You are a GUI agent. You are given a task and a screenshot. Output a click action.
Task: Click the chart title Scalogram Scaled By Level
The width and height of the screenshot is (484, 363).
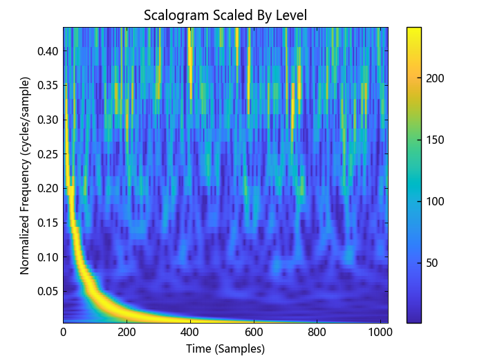[225, 15]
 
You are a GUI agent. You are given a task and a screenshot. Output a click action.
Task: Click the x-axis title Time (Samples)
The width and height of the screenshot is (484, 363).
[225, 349]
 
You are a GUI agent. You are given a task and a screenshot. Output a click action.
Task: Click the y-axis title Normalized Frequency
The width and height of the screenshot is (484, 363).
[25, 175]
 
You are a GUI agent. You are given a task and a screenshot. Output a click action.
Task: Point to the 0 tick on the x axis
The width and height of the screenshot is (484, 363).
[64, 333]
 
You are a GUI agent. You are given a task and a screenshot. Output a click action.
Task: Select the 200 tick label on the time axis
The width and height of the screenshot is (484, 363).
[127, 333]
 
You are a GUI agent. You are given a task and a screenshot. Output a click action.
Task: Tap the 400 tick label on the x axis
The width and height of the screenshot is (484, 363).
[190, 333]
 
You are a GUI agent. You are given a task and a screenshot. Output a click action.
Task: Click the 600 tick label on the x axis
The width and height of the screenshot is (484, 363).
[254, 333]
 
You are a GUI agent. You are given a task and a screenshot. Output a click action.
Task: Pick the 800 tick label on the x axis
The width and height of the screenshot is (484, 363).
[317, 333]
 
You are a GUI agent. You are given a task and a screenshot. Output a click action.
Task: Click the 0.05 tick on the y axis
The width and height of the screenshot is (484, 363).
[47, 290]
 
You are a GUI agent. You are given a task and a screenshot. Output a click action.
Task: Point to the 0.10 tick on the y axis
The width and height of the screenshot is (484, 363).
[47, 256]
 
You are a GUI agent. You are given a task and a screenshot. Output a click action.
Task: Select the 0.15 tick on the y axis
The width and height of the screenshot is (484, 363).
[47, 222]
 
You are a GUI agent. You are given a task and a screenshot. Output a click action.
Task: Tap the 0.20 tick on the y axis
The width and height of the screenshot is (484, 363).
[47, 187]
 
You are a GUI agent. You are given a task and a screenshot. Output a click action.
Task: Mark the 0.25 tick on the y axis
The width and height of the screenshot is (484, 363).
[47, 153]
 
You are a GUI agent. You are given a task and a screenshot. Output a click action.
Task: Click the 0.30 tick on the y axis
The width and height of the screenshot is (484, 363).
[47, 119]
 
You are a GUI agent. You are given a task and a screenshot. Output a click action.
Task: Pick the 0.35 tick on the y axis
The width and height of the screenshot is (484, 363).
[47, 85]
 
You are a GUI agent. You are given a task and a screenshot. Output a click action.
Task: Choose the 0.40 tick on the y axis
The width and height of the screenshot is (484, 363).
[47, 50]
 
